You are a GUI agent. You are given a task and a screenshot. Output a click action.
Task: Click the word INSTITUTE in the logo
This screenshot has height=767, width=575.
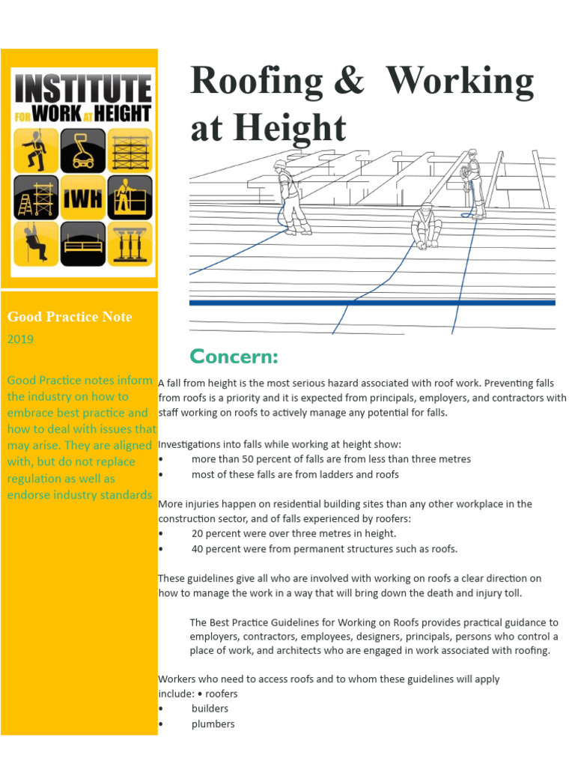pos(83,89)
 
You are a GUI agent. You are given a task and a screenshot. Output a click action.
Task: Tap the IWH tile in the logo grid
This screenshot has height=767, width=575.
pos(83,198)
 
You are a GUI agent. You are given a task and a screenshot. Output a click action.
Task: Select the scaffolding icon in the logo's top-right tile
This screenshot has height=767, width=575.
pos(130,151)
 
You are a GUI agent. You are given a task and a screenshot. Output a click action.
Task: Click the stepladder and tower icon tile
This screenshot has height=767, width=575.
pos(36,198)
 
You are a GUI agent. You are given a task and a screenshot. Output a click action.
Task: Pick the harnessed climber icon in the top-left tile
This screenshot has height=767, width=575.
pos(36,151)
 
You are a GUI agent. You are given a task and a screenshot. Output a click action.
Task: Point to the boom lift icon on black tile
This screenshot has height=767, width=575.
pos(83,151)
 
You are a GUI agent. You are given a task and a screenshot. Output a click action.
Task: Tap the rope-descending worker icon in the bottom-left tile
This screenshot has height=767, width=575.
pos(36,244)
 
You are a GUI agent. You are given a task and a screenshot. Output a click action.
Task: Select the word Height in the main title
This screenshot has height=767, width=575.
pos(288,128)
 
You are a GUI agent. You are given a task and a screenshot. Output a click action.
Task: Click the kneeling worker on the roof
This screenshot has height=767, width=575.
pos(427,225)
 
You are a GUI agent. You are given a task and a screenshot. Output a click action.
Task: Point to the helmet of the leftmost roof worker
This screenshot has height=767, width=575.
pos(280,164)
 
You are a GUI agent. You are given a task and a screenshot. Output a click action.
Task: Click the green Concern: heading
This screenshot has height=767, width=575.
pos(234,356)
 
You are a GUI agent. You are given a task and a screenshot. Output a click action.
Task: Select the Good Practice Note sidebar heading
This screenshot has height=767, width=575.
pos(70,317)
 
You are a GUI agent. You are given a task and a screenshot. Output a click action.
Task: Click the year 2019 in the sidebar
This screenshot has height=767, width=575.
pos(20,339)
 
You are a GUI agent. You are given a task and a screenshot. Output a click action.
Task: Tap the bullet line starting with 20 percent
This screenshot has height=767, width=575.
pos(293,533)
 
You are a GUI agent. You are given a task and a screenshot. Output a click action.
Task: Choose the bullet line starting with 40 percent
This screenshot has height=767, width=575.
pos(323,548)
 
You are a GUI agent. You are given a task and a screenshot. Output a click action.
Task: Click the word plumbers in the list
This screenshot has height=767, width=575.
pos(213,724)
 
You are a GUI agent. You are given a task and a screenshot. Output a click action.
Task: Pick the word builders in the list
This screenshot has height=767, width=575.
pos(210,709)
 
